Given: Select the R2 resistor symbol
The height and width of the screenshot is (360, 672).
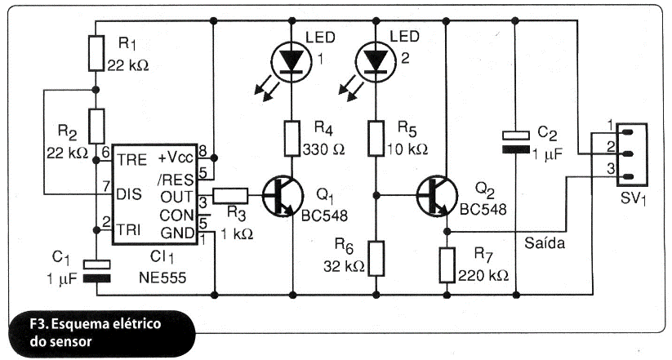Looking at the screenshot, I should (x=96, y=125).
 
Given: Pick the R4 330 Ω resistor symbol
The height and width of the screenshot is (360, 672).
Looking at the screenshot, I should (x=293, y=137).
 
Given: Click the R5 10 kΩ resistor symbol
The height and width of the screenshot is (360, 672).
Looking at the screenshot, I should (x=376, y=137).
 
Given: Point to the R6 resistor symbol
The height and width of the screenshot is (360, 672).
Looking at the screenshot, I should (x=376, y=257).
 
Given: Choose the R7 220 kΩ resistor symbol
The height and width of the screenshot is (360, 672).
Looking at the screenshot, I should (x=447, y=263).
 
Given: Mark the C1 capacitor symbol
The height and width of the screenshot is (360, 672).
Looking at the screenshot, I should (x=96, y=271).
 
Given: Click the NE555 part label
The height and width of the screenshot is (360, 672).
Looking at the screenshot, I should (x=163, y=278).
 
